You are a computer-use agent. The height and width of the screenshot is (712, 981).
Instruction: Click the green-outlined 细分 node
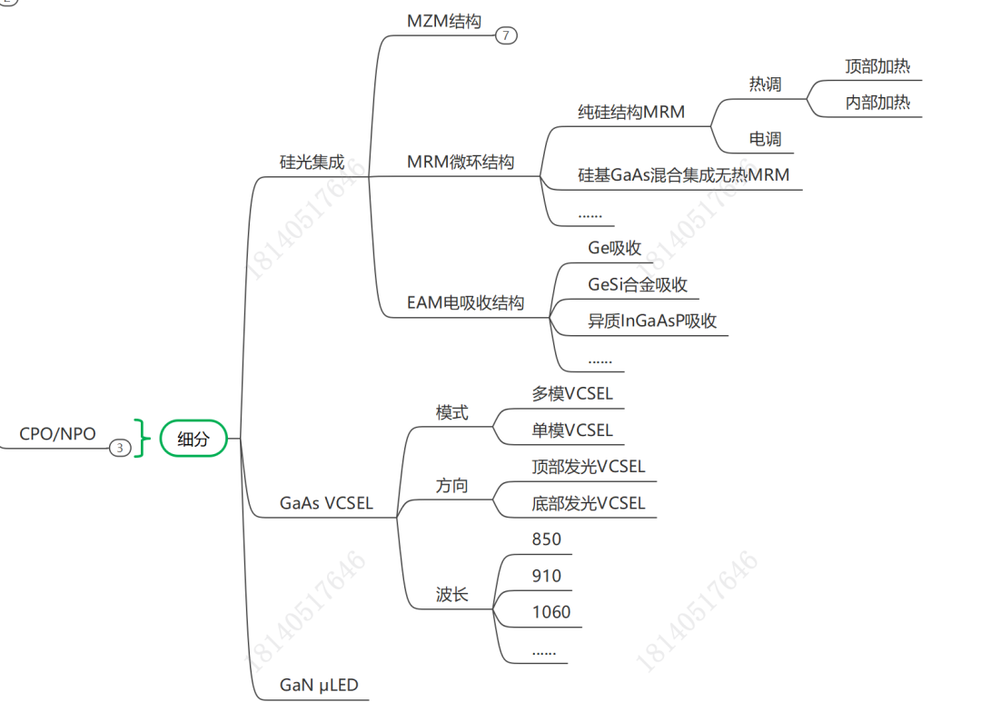coord(193,440)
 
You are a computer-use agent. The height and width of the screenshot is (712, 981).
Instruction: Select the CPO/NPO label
coord(57,434)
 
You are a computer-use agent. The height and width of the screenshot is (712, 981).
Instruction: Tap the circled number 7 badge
coord(506,36)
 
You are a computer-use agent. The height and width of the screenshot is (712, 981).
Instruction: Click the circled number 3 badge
coord(120,448)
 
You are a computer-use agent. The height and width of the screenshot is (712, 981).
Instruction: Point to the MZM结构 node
coord(443,21)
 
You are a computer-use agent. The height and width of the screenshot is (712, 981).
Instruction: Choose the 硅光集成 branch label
coord(312,163)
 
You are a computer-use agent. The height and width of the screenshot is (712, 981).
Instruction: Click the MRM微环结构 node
coord(461,163)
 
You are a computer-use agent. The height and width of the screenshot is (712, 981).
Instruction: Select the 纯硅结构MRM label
coord(631,113)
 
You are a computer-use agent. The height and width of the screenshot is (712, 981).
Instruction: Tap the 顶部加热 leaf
coord(877,66)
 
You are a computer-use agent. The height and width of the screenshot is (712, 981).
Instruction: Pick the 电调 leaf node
coord(765,140)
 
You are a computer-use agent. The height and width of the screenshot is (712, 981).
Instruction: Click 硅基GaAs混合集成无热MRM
coord(684,175)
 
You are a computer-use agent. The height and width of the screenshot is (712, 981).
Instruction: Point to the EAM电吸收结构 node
coord(465,303)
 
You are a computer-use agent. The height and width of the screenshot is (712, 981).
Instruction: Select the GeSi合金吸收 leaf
coord(638,285)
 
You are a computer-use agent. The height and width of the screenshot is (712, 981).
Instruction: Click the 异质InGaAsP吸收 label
coord(652,321)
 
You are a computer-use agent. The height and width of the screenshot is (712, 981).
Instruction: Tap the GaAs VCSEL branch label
coord(326,503)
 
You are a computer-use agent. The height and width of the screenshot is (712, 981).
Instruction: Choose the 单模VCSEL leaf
coord(572,430)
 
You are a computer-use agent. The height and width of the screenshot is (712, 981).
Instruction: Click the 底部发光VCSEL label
coord(589,503)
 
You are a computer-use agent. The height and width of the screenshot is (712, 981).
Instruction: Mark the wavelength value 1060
coord(551,612)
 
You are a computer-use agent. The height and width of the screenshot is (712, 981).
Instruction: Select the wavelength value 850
coord(547,539)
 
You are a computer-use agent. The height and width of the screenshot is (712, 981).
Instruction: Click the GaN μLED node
coord(319,685)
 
